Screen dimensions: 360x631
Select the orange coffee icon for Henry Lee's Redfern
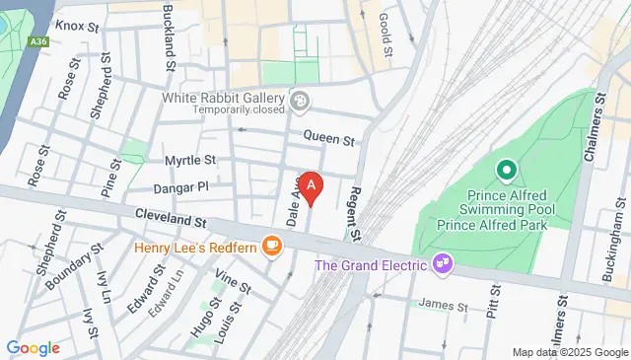272,247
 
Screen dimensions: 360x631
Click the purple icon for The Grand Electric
443,262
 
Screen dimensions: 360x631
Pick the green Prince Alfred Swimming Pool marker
506,172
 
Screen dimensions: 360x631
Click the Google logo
33,348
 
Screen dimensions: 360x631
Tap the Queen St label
328,139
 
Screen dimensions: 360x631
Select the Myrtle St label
189,160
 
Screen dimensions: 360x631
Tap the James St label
443,306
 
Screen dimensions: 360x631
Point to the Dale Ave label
292,205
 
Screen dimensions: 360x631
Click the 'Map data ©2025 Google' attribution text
569,352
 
